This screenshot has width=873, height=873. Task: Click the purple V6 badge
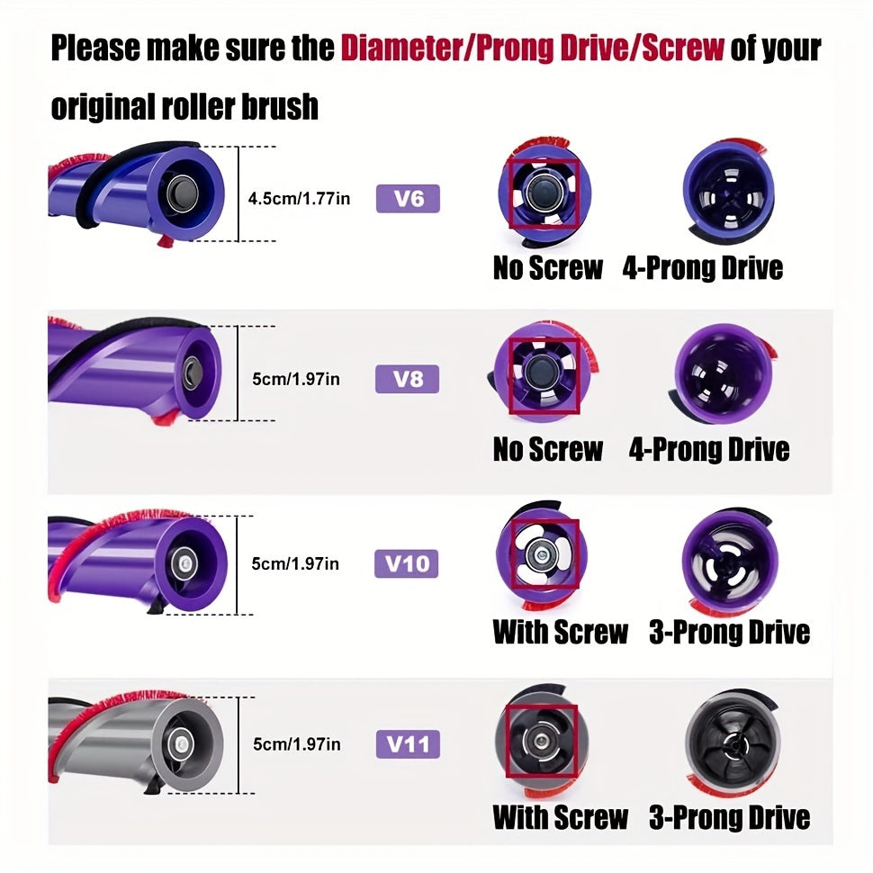[x=408, y=199]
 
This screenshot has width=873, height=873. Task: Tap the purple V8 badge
[x=407, y=379]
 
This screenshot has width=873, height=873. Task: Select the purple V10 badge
[x=407, y=563]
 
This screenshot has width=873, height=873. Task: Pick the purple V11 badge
[x=408, y=743]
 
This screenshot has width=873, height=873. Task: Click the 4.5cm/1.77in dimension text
[x=299, y=199]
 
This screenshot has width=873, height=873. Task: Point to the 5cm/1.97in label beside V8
[x=295, y=379]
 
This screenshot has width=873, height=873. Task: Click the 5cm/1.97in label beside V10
[x=295, y=563]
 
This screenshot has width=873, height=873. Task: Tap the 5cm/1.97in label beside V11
[x=297, y=743]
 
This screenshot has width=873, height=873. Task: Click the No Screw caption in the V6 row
[x=548, y=268]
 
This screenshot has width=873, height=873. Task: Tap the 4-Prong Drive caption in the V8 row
[x=709, y=449]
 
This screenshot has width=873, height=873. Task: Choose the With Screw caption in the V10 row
[x=560, y=632]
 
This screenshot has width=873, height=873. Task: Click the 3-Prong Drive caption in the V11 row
[x=729, y=817]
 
